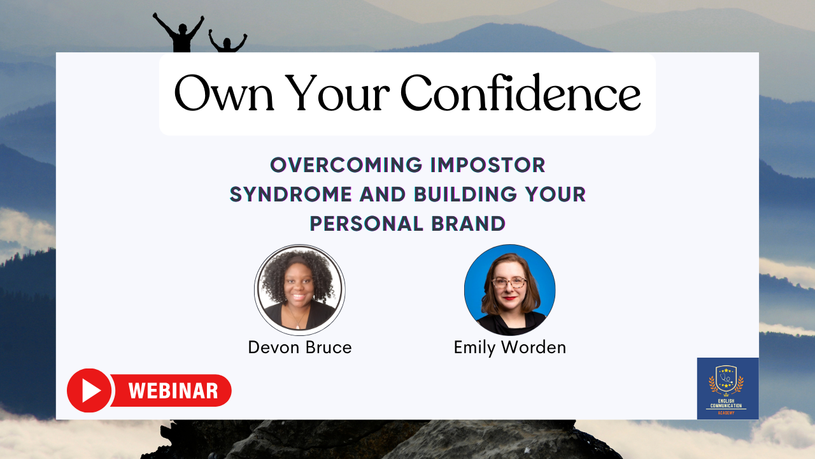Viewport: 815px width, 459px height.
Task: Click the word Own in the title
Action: click(x=223, y=93)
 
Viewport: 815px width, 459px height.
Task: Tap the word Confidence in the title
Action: click(x=520, y=92)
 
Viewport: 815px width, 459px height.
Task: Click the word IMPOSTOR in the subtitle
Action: click(x=488, y=165)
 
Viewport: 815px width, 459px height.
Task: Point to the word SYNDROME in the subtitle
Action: click(x=291, y=194)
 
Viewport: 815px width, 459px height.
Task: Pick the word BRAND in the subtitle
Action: click(x=468, y=223)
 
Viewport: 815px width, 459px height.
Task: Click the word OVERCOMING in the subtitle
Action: click(x=346, y=165)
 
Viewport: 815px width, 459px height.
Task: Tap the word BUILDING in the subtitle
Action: click(x=465, y=194)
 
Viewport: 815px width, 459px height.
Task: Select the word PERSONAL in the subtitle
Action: click(x=366, y=223)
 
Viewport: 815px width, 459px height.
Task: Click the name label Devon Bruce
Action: click(x=300, y=347)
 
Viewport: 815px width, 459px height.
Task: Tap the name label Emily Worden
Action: click(x=510, y=347)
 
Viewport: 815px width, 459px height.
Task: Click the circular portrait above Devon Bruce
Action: click(x=300, y=290)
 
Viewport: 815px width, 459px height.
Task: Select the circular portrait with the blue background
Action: click(x=510, y=290)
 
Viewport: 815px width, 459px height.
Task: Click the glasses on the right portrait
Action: click(x=509, y=282)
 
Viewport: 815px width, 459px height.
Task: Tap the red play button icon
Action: click(x=89, y=391)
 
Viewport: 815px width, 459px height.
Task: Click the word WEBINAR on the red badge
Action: click(x=173, y=391)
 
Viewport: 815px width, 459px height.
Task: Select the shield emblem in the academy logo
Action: click(x=726, y=379)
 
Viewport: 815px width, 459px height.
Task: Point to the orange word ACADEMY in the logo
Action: click(x=726, y=413)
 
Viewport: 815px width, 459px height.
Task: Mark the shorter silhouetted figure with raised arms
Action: click(x=227, y=41)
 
